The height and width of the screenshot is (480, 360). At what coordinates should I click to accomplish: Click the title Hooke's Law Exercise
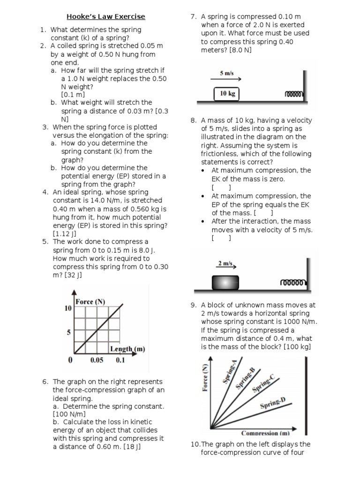click(105, 16)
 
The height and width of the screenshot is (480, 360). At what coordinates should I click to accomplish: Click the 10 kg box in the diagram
click(227, 94)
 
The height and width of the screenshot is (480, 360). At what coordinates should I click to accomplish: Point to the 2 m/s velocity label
click(225, 263)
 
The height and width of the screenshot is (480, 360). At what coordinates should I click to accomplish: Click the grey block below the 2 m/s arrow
click(225, 283)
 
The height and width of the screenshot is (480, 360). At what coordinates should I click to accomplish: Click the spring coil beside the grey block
click(294, 283)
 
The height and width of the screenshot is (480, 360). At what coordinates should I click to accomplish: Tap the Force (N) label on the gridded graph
click(90, 301)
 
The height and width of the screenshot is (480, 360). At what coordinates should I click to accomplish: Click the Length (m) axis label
click(127, 349)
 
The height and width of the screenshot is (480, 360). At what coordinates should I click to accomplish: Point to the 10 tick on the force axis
click(68, 308)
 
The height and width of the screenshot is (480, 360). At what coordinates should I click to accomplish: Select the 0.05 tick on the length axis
click(97, 360)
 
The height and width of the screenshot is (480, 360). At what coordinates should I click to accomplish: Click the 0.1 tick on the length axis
click(120, 360)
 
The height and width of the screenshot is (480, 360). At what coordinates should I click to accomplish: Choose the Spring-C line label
click(263, 383)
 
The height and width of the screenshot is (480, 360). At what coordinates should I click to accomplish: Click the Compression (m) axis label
click(265, 433)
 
